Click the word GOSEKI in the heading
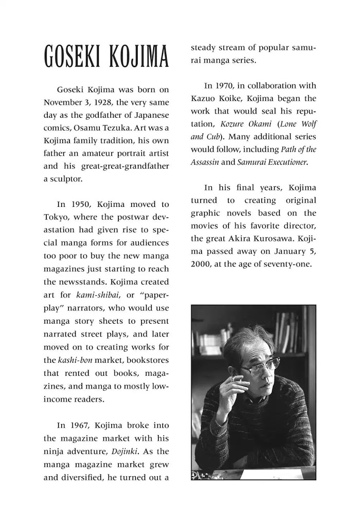tap(72, 57)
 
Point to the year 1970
tap(229, 85)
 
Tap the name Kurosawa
tap(265, 239)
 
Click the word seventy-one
tap(288, 265)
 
